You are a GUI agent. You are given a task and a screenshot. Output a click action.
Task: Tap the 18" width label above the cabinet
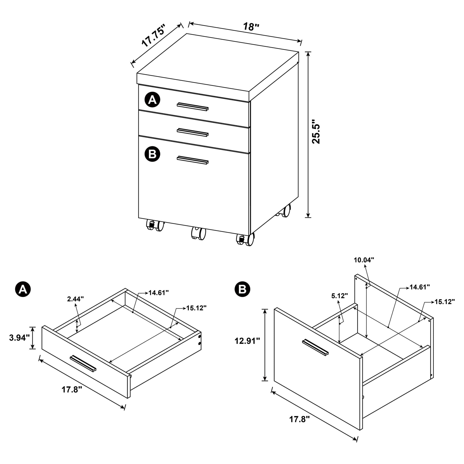[x=251, y=27]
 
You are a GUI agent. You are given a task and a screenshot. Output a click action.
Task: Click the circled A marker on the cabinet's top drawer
[x=152, y=100]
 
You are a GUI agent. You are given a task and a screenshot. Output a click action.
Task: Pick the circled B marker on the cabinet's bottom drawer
[x=152, y=154]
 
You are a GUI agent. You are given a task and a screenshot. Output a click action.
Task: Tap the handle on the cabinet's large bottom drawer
[x=192, y=160]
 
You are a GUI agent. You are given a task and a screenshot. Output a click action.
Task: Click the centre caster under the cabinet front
[x=198, y=233]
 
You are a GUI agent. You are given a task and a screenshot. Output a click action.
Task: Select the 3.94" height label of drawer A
[x=19, y=338]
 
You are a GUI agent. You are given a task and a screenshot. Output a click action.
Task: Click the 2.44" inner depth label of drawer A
[x=76, y=299]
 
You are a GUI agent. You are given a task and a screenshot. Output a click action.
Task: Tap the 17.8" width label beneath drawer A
[x=72, y=390]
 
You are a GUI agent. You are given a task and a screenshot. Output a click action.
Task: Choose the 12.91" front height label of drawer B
[x=247, y=341]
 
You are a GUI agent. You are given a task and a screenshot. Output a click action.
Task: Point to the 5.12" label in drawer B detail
[x=340, y=296]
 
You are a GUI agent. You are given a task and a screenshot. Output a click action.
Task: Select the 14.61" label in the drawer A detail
[x=159, y=293]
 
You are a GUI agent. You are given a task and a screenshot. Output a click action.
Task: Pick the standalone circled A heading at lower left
[x=23, y=289]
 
